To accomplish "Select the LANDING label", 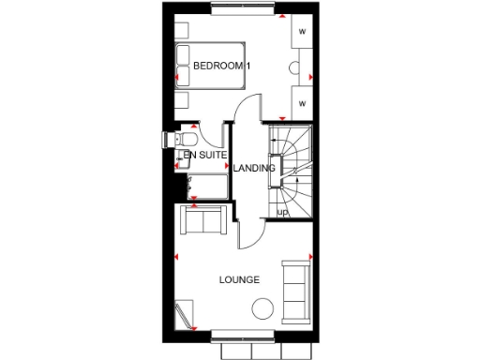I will [x=255, y=169].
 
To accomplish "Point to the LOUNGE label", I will [x=239, y=280].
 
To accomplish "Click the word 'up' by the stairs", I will [x=281, y=212].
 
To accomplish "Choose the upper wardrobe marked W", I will [x=303, y=32].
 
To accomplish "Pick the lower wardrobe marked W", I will [x=303, y=101].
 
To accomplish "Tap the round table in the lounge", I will [x=263, y=308].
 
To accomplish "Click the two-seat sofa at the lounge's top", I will [x=204, y=221].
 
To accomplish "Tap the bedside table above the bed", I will [x=183, y=27].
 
